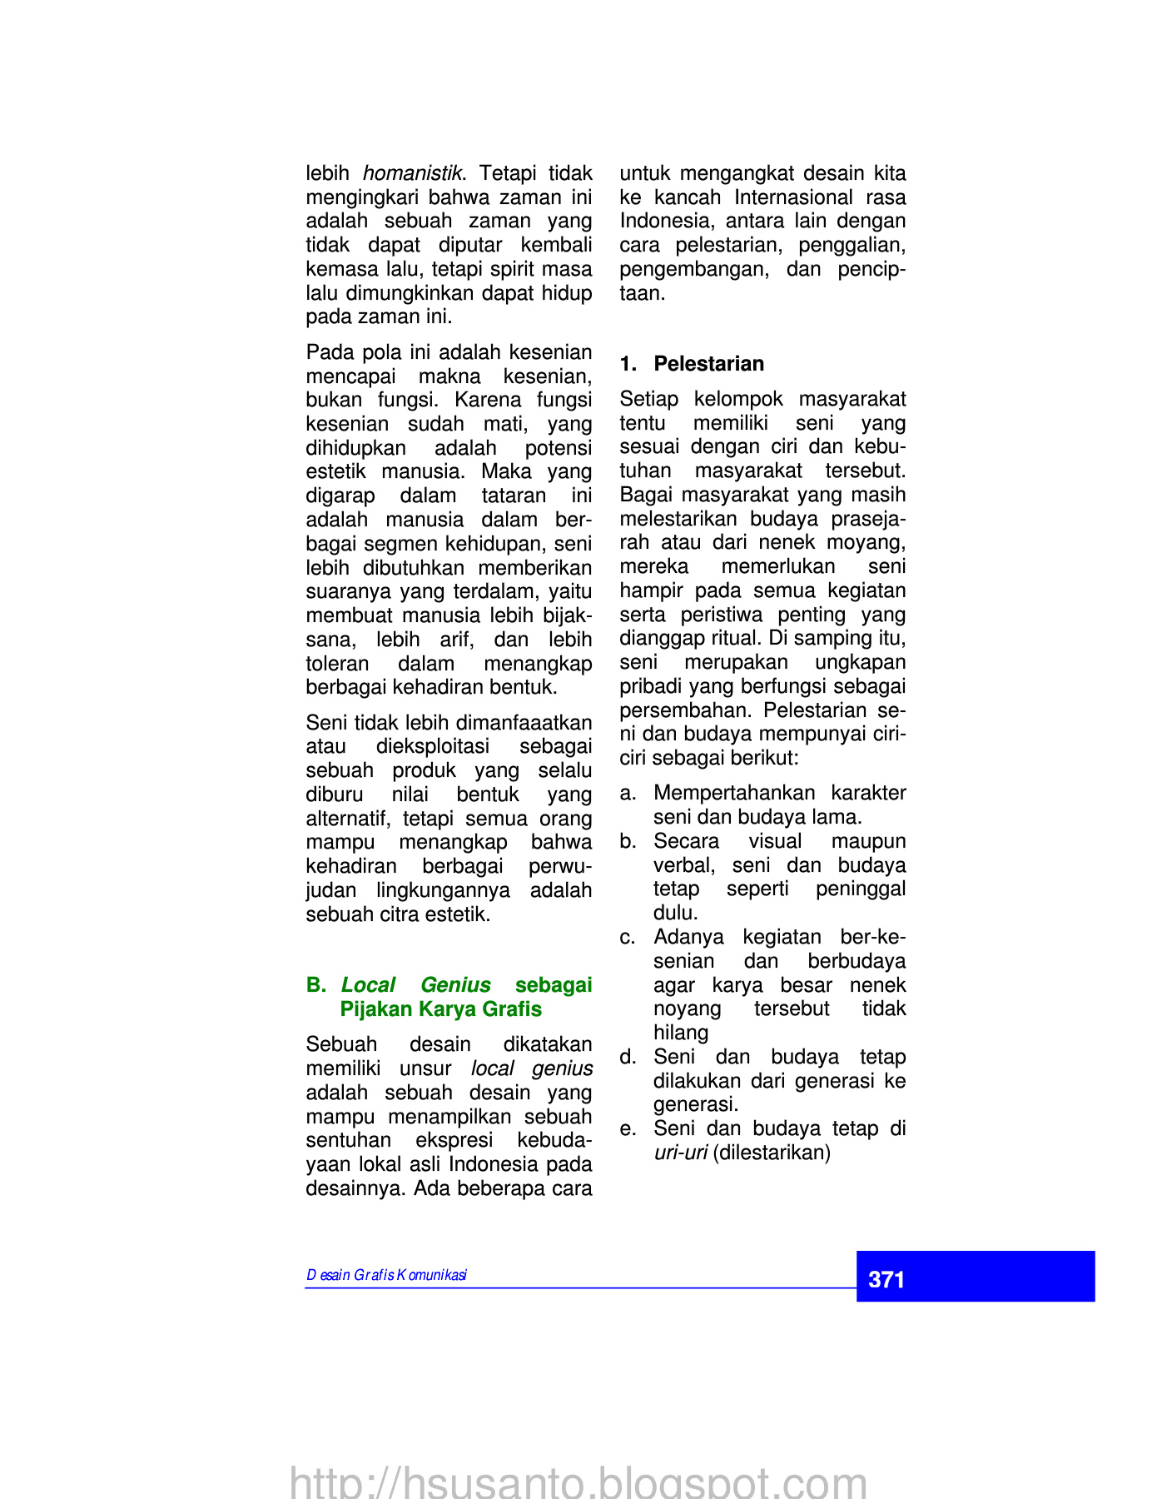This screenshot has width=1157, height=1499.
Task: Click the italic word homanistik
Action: pyautogui.click(x=412, y=173)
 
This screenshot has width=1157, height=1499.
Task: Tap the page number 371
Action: pyautogui.click(x=886, y=1279)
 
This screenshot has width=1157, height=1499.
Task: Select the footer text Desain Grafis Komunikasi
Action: pyautogui.click(x=386, y=1275)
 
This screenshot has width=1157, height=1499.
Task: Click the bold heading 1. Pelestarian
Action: pyautogui.click(x=692, y=364)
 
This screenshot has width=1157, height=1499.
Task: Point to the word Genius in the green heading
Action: pyautogui.click(x=455, y=985)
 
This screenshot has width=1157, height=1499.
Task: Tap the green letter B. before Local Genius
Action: pyautogui.click(x=315, y=985)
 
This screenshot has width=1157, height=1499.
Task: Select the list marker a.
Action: pyautogui.click(x=628, y=794)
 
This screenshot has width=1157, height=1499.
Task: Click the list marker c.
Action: pyautogui.click(x=628, y=938)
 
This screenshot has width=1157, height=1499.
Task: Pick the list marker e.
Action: pyautogui.click(x=628, y=1129)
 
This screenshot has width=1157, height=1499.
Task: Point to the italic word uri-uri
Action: pyautogui.click(x=680, y=1153)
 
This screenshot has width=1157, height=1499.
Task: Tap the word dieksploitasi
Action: pyautogui.click(x=433, y=746)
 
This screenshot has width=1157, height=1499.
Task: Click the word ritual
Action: pyautogui.click(x=737, y=639)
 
